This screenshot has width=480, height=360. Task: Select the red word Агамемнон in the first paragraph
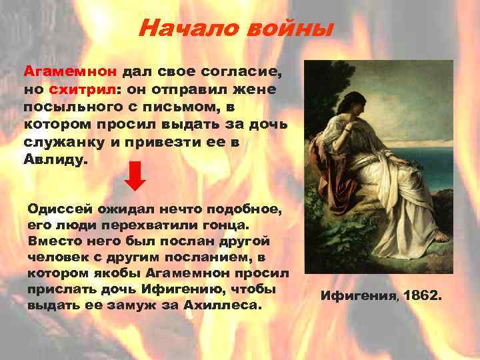71,71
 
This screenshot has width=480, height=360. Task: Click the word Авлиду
55,161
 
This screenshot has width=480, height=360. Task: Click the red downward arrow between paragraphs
136,176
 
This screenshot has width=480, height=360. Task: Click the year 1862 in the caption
421,294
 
